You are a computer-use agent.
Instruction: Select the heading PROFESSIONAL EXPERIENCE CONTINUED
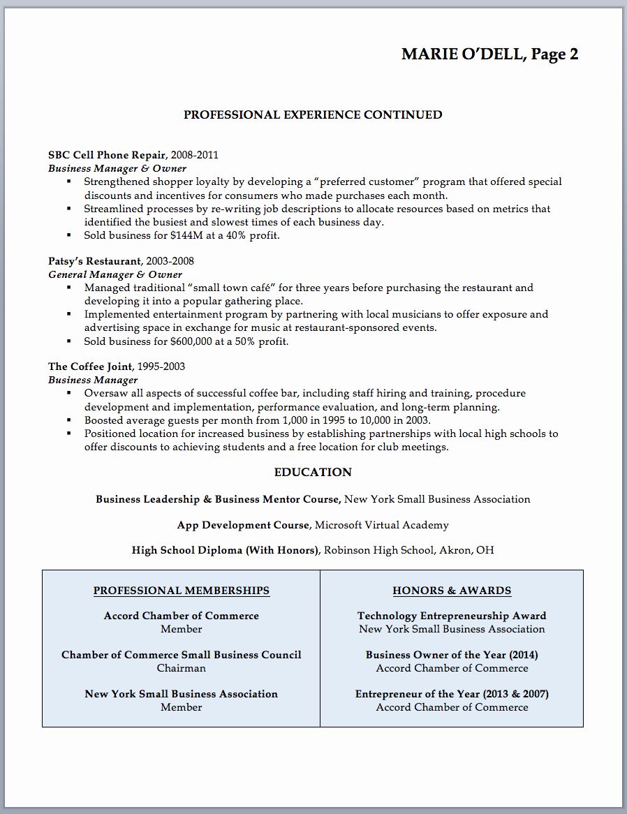click(x=313, y=114)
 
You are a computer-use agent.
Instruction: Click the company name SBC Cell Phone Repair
click(x=107, y=155)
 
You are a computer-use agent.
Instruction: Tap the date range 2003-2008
click(x=170, y=261)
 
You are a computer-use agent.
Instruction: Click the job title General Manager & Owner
click(x=115, y=274)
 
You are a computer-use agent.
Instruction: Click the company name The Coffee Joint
click(x=91, y=367)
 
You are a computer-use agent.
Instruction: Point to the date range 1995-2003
click(x=161, y=367)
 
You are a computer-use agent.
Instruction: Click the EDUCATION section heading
click(x=313, y=473)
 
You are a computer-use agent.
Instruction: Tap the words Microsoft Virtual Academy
click(x=382, y=525)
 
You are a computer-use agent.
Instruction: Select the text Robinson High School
click(x=378, y=550)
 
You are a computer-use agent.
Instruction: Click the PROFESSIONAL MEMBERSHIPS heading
click(x=182, y=591)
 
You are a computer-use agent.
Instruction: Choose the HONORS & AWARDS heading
click(x=452, y=591)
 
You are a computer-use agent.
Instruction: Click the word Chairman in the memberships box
click(x=182, y=668)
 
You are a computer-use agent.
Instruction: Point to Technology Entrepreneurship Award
click(x=452, y=616)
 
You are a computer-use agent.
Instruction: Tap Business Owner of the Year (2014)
click(x=452, y=655)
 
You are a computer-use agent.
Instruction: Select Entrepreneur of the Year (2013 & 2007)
click(x=452, y=694)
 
